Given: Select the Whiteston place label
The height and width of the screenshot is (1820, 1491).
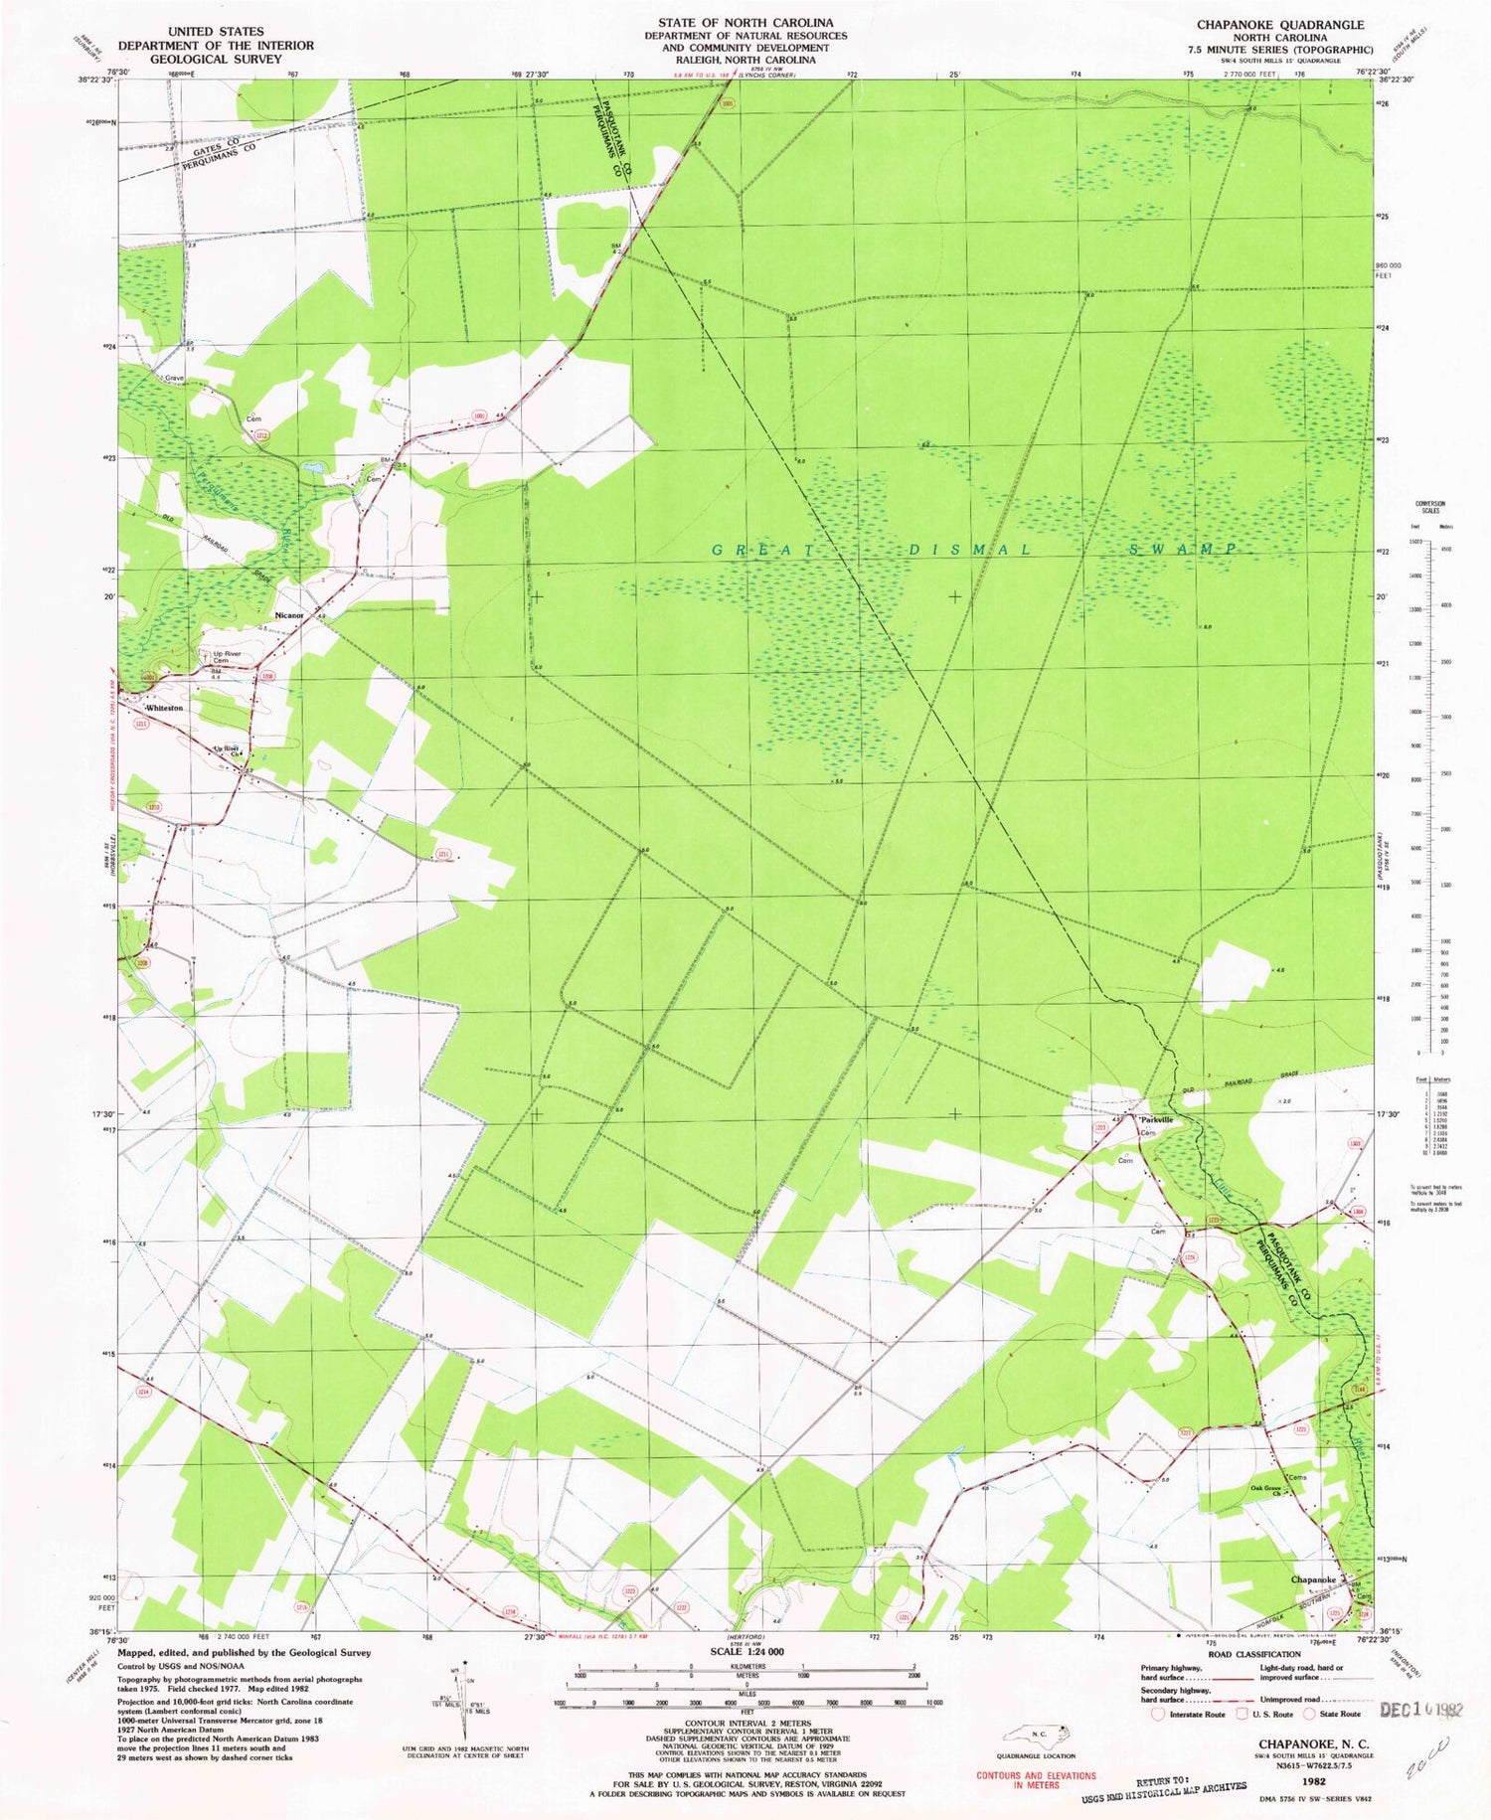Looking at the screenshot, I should click(165, 708).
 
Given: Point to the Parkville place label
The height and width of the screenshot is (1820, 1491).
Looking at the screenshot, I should click(1157, 1119).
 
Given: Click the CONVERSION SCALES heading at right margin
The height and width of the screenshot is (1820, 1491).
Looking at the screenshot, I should click(1430, 507).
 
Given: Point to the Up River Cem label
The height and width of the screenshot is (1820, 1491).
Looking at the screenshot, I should click(221, 657).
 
